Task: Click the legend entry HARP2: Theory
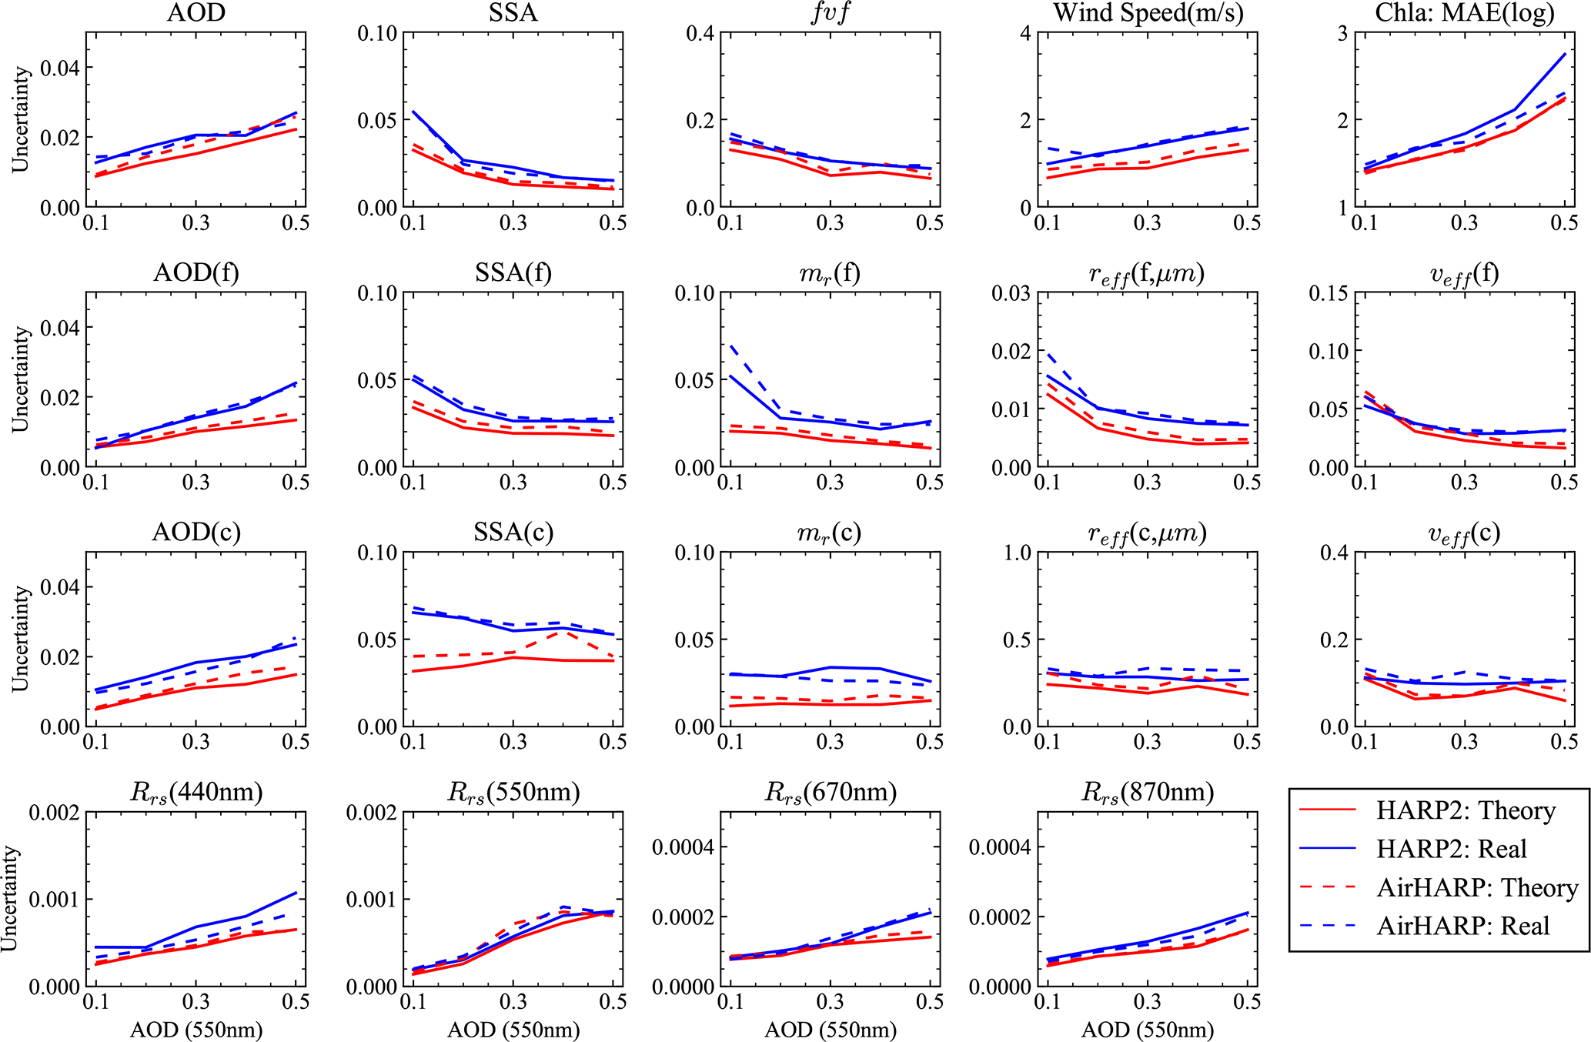pos(1466,811)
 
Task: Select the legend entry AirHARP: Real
pos(1462,926)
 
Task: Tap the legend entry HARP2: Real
pos(1451,850)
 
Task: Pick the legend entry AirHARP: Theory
pos(1477,888)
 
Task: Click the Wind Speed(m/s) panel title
pos(1148,13)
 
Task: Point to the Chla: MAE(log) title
pos(1466,13)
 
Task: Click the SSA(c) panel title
pos(513,533)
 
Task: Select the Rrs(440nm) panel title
pos(196,792)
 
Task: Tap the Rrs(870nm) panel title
pos(1148,792)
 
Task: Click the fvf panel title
pos(831,13)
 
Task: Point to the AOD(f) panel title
pos(196,273)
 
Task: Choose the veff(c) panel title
pos(1465,533)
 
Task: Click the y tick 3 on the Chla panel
pos(1342,34)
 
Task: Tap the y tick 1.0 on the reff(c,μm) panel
pos(1015,553)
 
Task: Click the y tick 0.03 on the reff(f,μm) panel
pos(1011,293)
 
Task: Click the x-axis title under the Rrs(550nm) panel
pos(513,1030)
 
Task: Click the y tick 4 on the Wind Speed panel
pos(1025,34)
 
